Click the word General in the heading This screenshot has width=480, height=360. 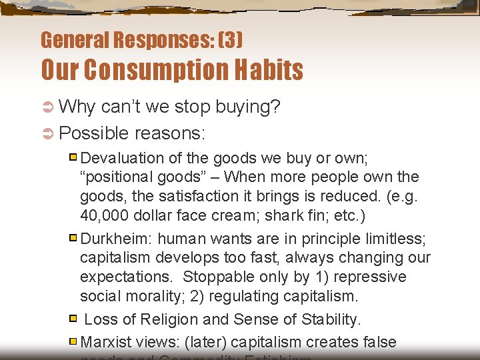[73, 41]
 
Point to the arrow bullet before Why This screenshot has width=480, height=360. [47, 107]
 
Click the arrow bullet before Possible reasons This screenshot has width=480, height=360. [47, 133]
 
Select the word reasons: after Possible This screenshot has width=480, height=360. [169, 133]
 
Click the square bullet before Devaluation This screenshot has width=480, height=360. [73, 158]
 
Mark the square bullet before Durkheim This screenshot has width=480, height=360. [73, 238]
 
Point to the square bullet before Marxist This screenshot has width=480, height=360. [73, 341]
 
